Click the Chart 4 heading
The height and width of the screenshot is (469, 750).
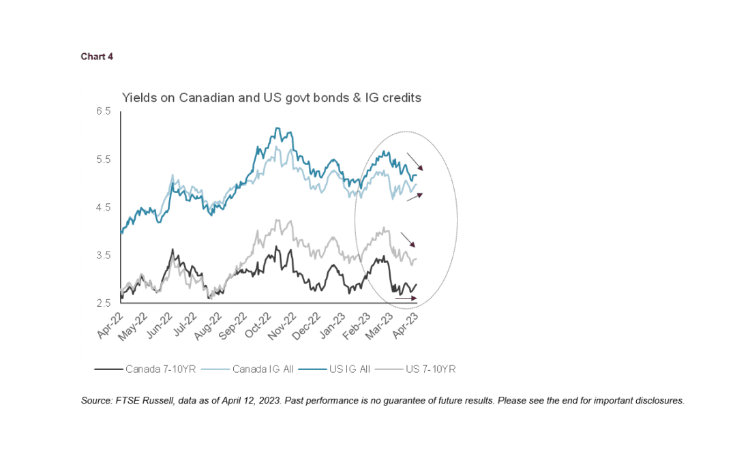point(97,57)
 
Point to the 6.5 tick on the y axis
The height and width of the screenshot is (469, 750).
point(103,111)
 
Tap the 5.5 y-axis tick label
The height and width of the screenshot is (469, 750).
point(103,160)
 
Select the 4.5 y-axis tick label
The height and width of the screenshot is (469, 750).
point(103,207)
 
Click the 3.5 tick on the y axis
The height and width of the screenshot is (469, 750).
point(103,256)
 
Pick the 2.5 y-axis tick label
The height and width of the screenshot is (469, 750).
point(103,303)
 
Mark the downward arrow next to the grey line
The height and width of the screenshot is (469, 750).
point(408,239)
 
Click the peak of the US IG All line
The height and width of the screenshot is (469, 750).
point(276,128)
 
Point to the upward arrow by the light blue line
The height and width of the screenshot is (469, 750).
point(415,197)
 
